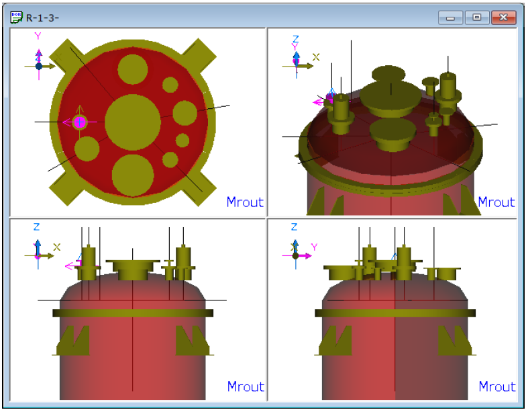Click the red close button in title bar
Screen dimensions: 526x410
coord(503,17)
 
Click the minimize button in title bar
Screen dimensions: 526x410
coord(451,17)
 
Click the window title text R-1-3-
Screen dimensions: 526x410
coord(42,17)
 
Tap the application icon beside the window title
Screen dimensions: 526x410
coord(16,17)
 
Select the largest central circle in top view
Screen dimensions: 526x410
coord(133,122)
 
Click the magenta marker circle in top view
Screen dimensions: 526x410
coord(79,122)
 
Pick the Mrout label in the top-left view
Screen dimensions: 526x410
coord(245,202)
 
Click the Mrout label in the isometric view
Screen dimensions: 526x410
coord(496,202)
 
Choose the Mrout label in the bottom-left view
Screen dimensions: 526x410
coord(246,386)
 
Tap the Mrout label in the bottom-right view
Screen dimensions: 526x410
coord(496,386)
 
